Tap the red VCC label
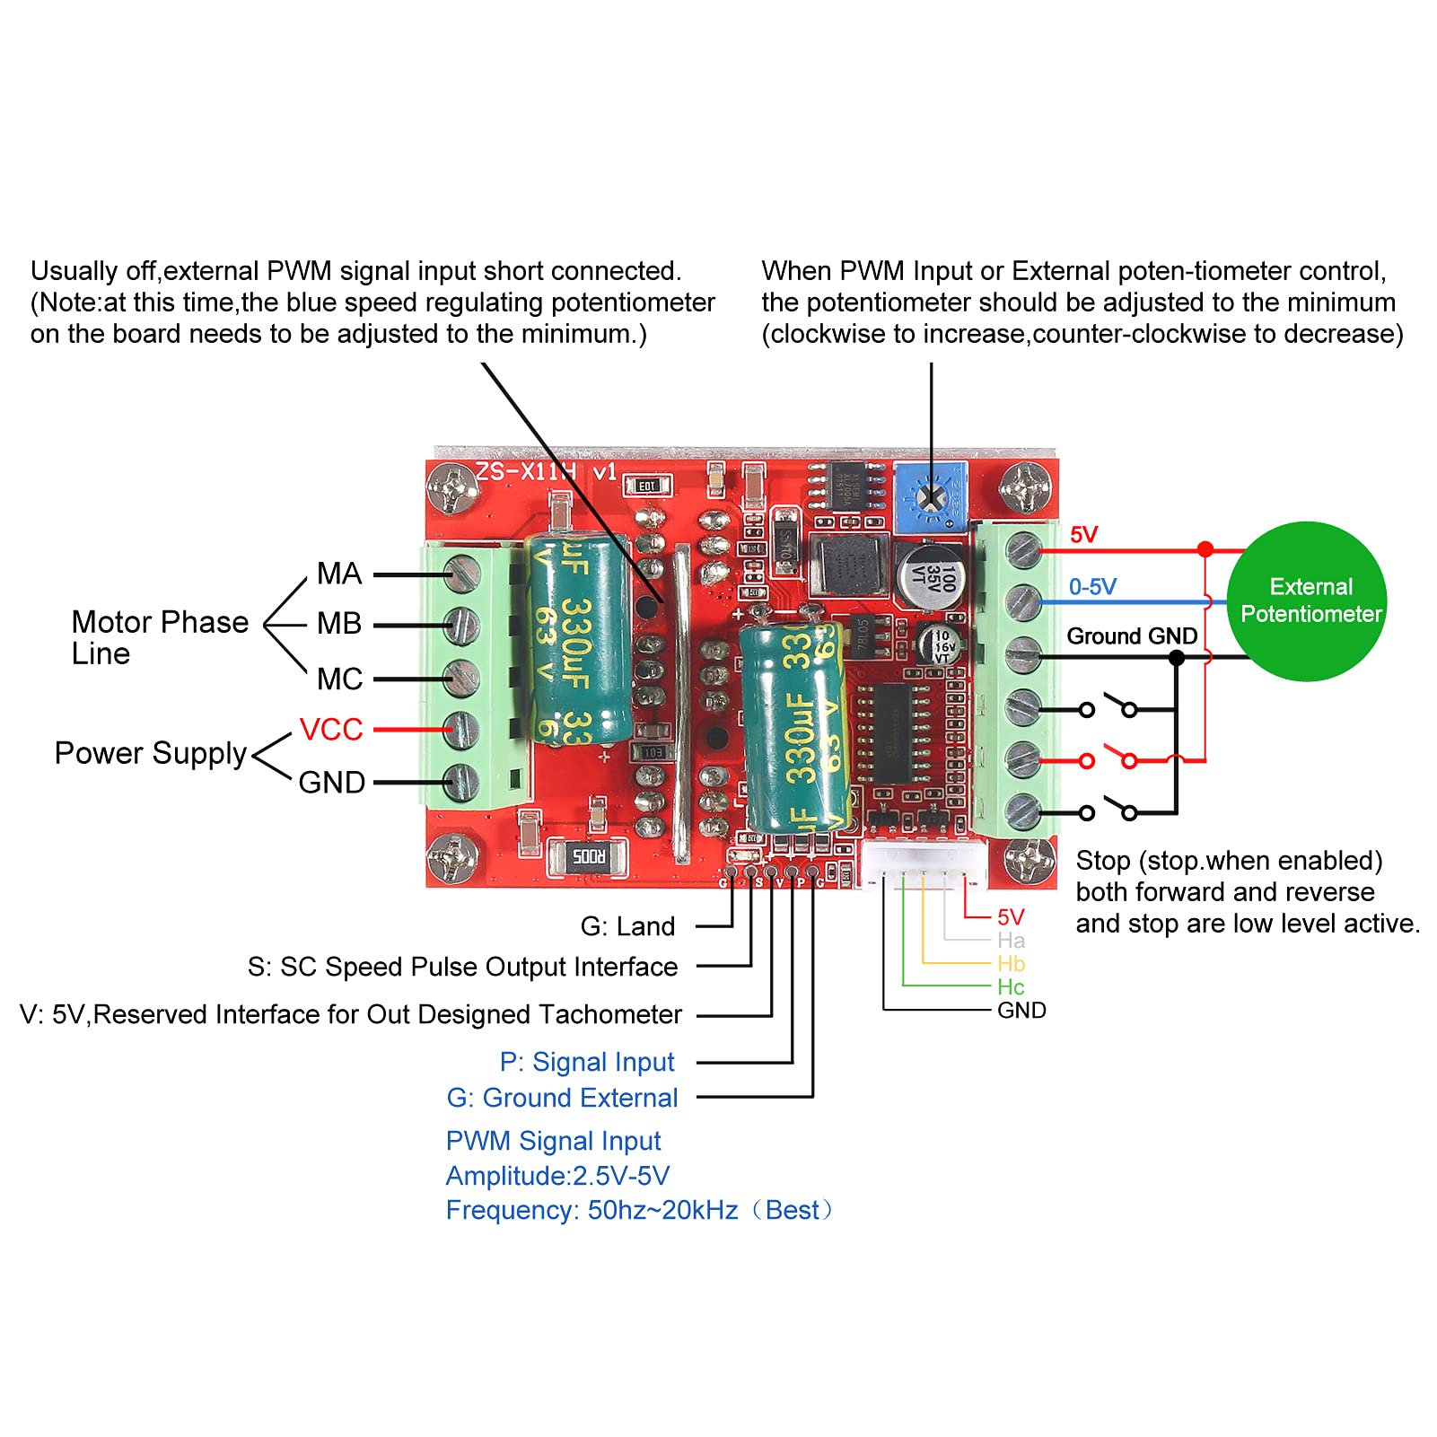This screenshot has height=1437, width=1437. (x=330, y=730)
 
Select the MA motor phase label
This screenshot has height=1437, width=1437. (x=338, y=574)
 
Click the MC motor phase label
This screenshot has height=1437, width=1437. (x=339, y=679)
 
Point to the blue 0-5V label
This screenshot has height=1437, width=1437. (x=1091, y=587)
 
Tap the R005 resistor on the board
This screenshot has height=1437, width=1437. (x=589, y=856)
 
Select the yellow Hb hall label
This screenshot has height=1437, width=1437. (x=1011, y=964)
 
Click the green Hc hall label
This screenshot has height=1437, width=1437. (x=1011, y=987)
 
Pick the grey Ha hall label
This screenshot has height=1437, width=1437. (x=1011, y=941)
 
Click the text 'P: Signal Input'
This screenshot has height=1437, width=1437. (x=586, y=1062)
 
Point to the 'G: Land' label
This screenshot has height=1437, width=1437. (x=627, y=926)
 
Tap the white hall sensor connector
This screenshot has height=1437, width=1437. (x=924, y=863)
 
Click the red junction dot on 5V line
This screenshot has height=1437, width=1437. (x=1205, y=549)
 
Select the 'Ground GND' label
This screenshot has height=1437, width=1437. (x=1131, y=636)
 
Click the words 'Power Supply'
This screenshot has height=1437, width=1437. (x=150, y=753)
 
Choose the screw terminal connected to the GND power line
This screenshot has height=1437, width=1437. (x=460, y=783)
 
